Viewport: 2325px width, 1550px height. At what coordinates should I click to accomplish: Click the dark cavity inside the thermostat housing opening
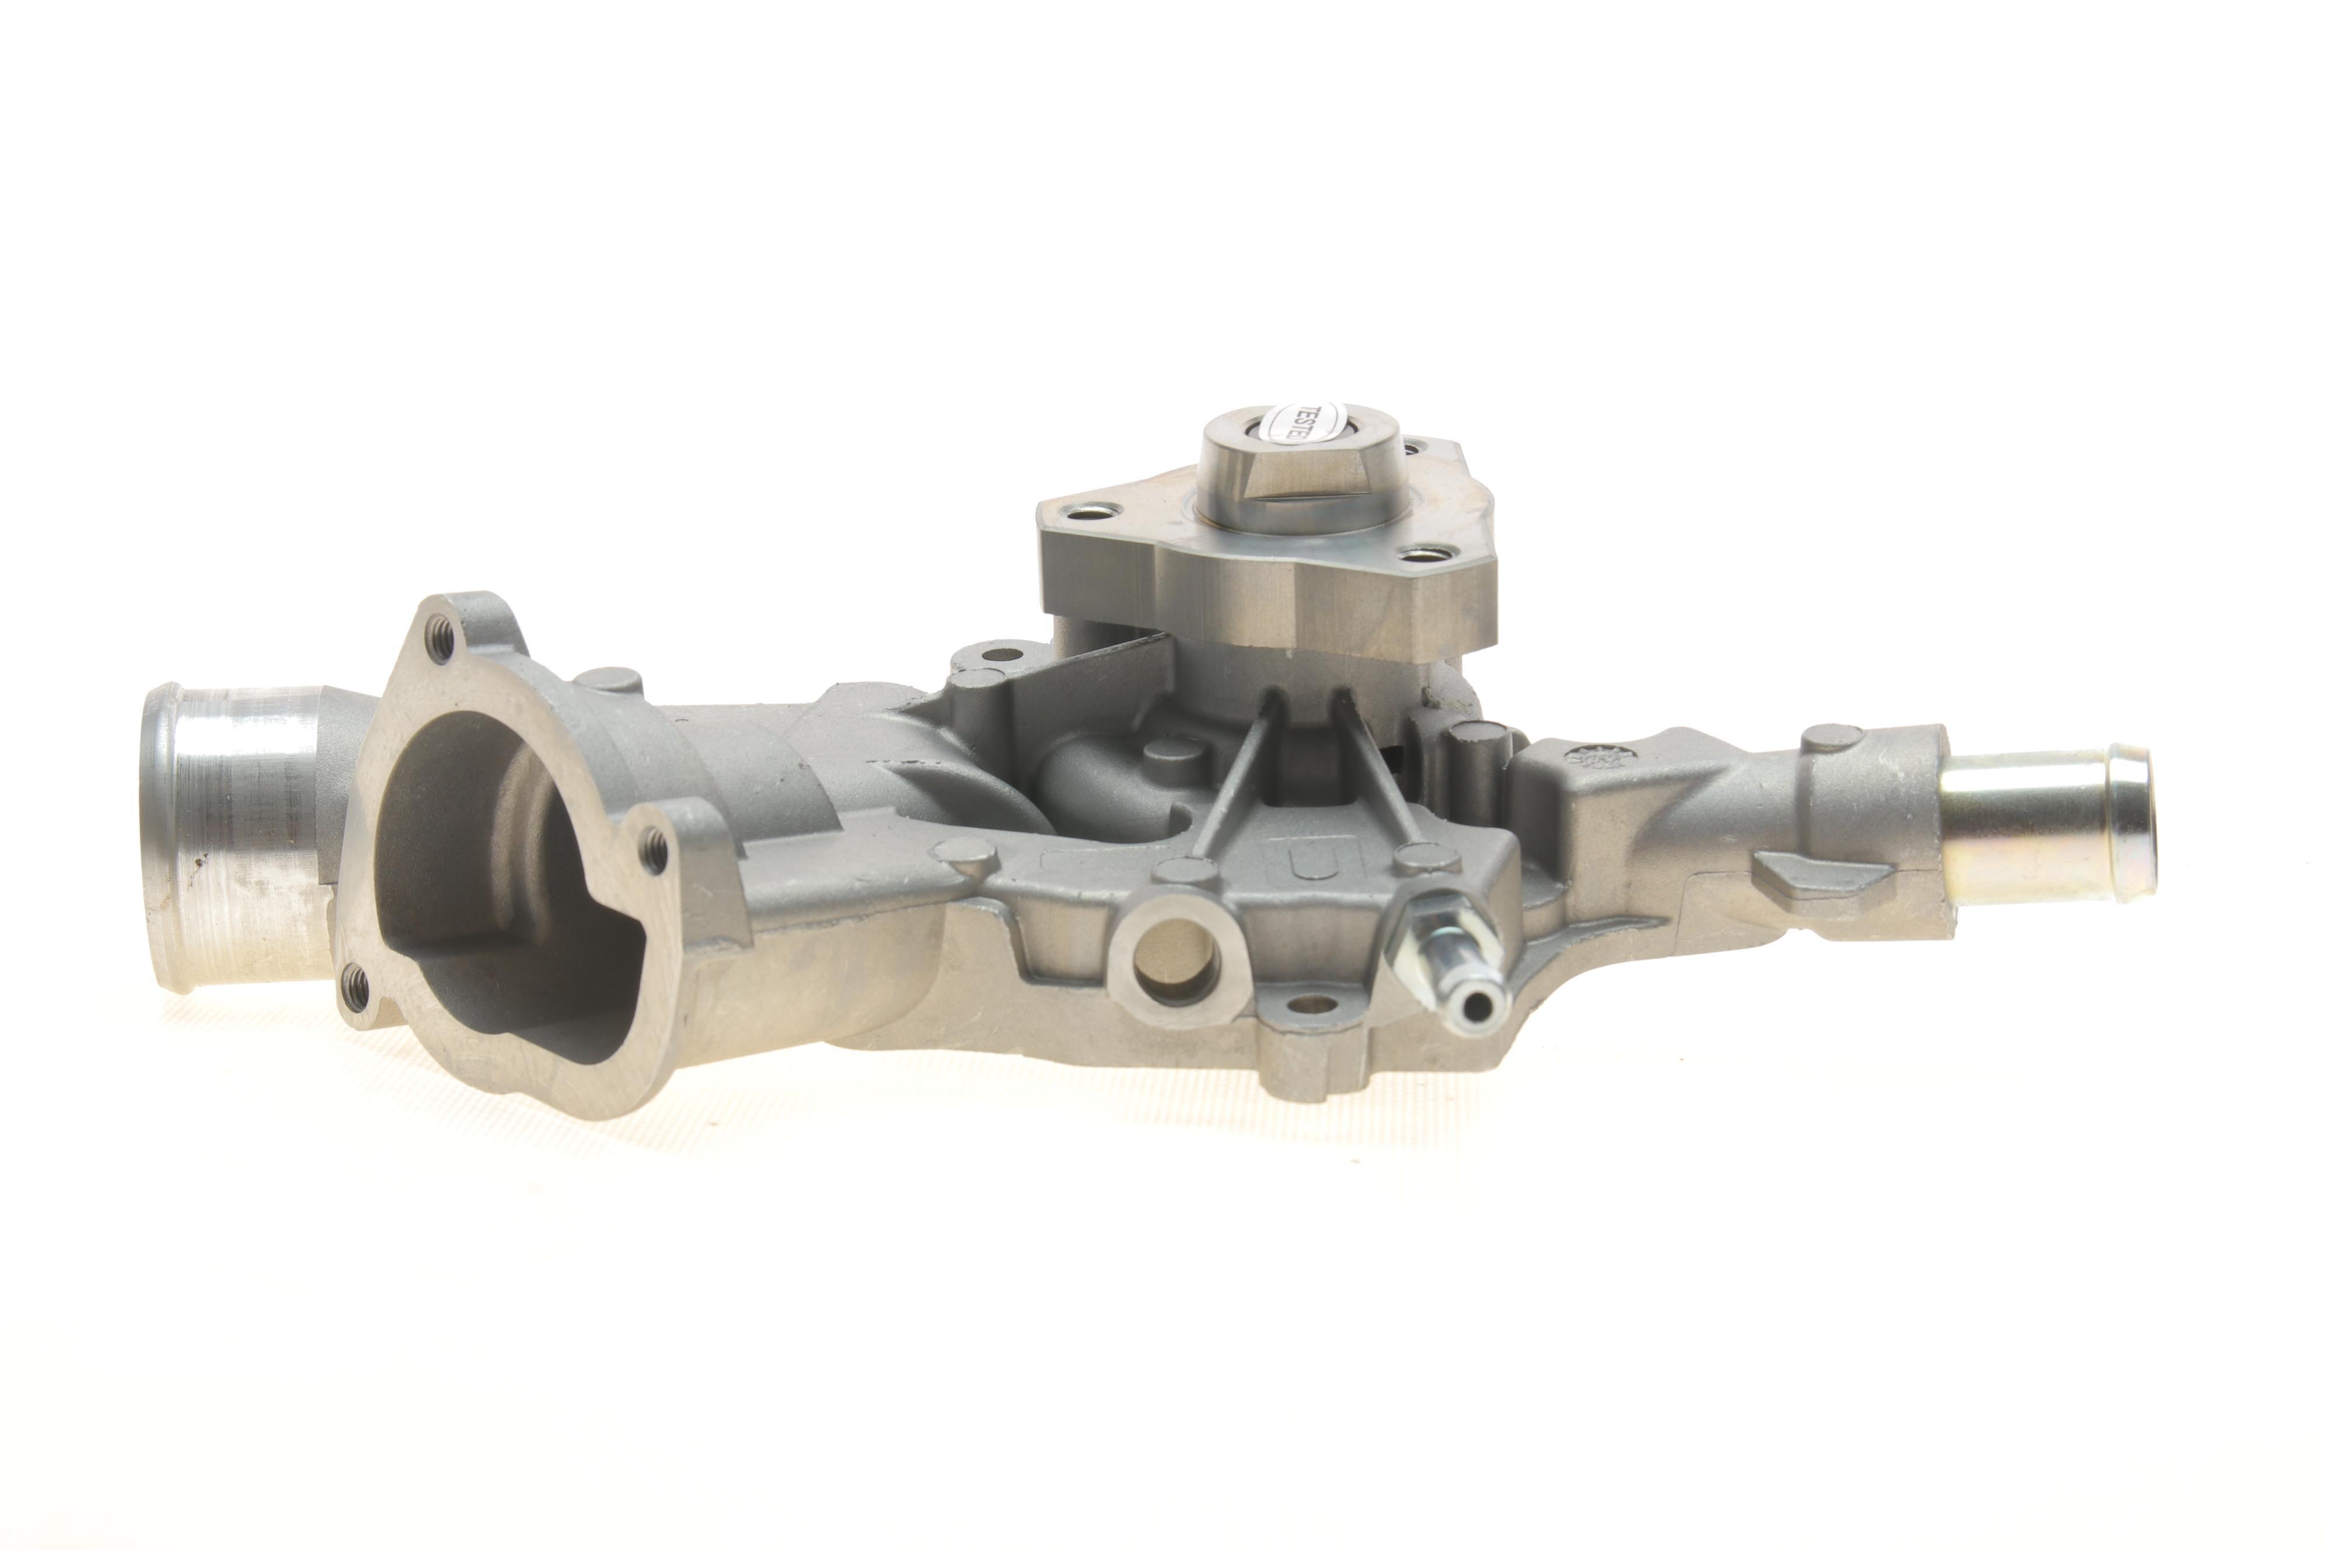494,870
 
